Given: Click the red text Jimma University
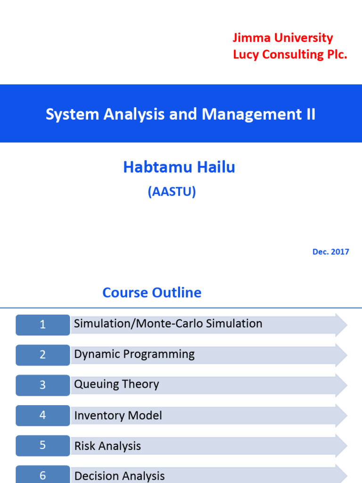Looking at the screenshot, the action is pos(283,38).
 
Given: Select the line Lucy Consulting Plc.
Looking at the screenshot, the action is pos(290,55).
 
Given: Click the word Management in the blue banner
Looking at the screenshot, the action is pos(252,114).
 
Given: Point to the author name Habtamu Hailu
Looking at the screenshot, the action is pos(179,167).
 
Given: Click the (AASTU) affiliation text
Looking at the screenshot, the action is pos(172,192).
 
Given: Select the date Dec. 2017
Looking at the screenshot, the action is pos(330,252).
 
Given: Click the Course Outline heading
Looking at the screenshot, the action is pos(152,292).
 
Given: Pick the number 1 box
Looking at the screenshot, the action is pos(43,325).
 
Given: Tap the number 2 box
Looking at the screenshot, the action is pos(43,355).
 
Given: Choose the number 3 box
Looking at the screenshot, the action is pos(43,385).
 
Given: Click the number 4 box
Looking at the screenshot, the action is pos(43,415).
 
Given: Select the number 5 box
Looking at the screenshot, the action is pos(43,445).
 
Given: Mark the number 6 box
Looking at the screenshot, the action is pos(43,475).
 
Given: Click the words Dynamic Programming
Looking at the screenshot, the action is pos(134,355).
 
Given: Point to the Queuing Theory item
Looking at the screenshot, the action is pos(117,384).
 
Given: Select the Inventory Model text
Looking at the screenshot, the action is pos(118,415).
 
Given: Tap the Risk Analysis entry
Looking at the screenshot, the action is pos(107,446).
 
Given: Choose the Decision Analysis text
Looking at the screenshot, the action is pos(119,476).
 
